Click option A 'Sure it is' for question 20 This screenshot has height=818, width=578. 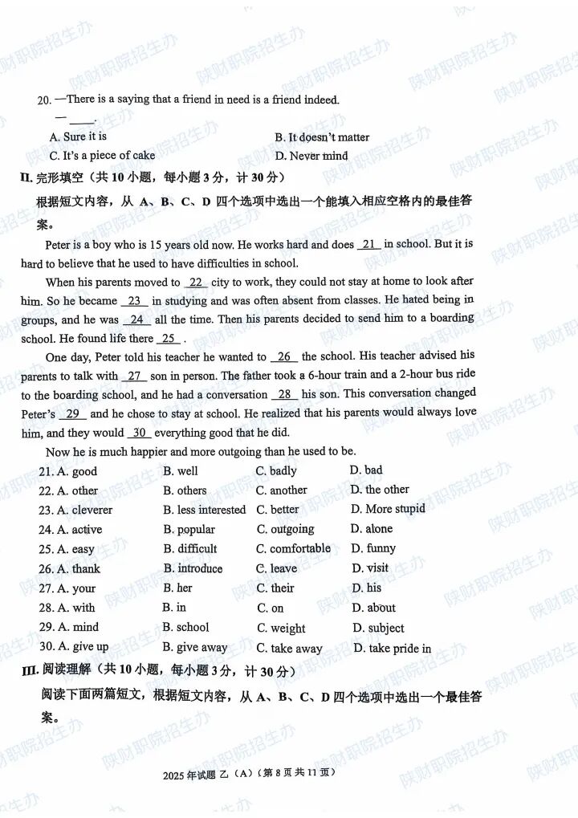click(x=78, y=137)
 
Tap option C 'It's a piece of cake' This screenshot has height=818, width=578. click(x=102, y=156)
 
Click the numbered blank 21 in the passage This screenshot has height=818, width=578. click(x=368, y=244)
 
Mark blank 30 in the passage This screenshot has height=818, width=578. click(x=139, y=433)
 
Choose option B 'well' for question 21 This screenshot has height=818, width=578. click(x=181, y=471)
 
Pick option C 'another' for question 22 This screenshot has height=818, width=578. click(x=281, y=490)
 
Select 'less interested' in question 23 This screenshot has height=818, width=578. click(x=204, y=510)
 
